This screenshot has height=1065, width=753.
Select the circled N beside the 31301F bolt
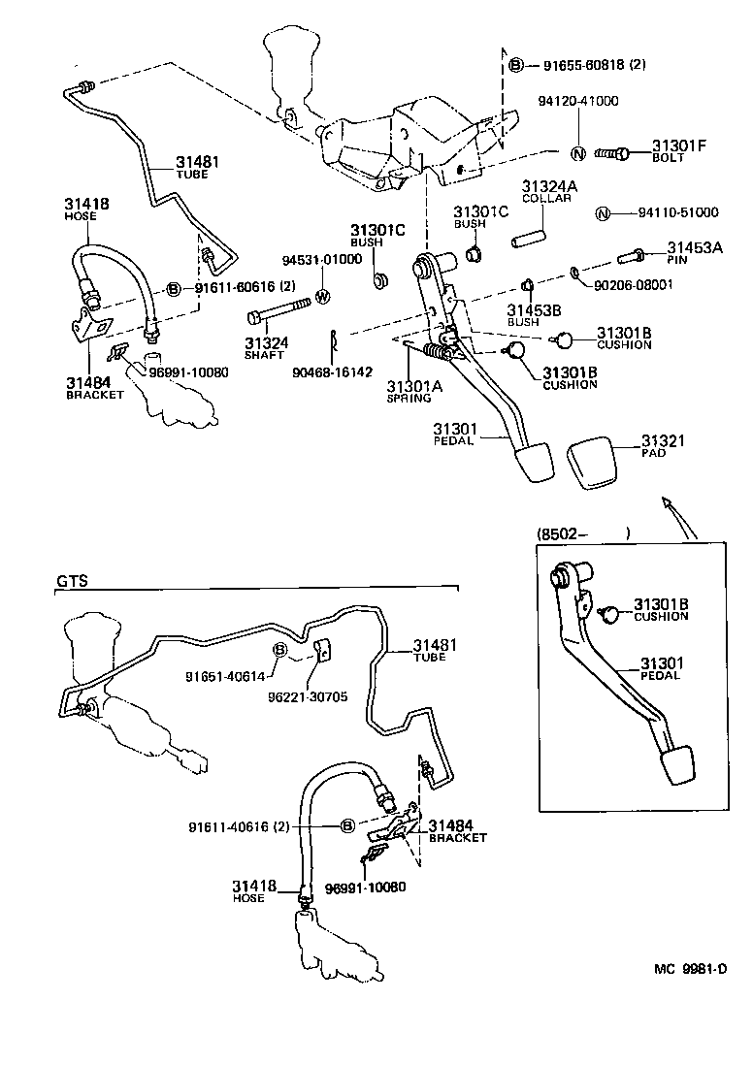(577, 152)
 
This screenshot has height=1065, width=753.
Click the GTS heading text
(72, 581)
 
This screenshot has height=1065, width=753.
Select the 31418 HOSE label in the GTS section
(253, 890)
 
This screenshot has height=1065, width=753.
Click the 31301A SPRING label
(414, 390)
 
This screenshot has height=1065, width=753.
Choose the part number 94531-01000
(322, 260)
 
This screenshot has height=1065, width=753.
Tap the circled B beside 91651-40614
(279, 648)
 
